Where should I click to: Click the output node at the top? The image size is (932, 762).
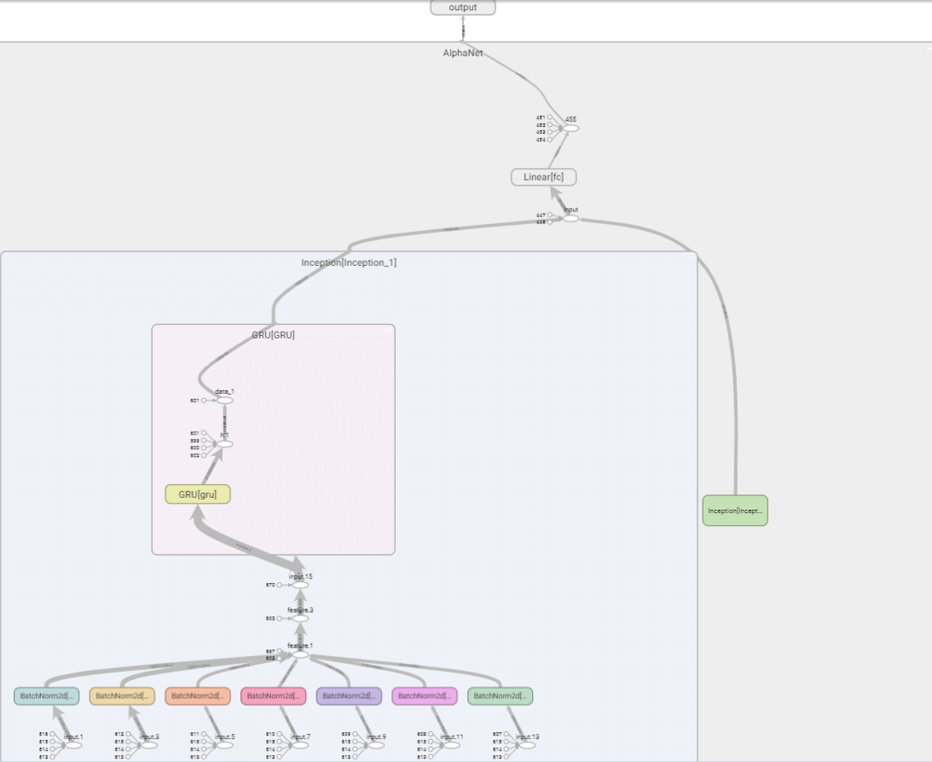pyautogui.click(x=462, y=8)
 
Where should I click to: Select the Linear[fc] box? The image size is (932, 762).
pyautogui.click(x=543, y=177)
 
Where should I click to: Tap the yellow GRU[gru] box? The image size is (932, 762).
pyautogui.click(x=198, y=494)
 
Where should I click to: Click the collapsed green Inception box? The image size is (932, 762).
pyautogui.click(x=735, y=511)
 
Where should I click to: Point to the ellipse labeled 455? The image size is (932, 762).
pyautogui.click(x=570, y=128)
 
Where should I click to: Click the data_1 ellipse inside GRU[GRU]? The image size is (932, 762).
pyautogui.click(x=224, y=400)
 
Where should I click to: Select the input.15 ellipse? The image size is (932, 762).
pyautogui.click(x=300, y=585)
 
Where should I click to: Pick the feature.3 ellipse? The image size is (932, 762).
pyautogui.click(x=300, y=619)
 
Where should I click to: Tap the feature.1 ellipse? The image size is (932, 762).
pyautogui.click(x=300, y=654)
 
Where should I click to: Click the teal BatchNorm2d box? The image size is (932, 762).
pyautogui.click(x=46, y=696)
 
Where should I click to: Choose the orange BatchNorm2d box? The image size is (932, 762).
pyautogui.click(x=198, y=696)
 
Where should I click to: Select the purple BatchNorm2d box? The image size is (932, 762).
pyautogui.click(x=349, y=696)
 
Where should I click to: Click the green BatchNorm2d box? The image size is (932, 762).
pyautogui.click(x=500, y=696)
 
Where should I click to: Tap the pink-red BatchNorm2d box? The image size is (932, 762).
pyautogui.click(x=273, y=696)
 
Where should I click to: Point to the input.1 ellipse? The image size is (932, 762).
pyautogui.click(x=73, y=744)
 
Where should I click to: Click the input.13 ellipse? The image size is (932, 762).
pyautogui.click(x=527, y=744)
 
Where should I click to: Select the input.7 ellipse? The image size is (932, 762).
pyautogui.click(x=300, y=744)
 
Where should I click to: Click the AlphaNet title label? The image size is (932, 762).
pyautogui.click(x=462, y=52)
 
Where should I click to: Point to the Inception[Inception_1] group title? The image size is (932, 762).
pyautogui.click(x=349, y=263)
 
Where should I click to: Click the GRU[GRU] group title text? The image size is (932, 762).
pyautogui.click(x=273, y=335)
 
